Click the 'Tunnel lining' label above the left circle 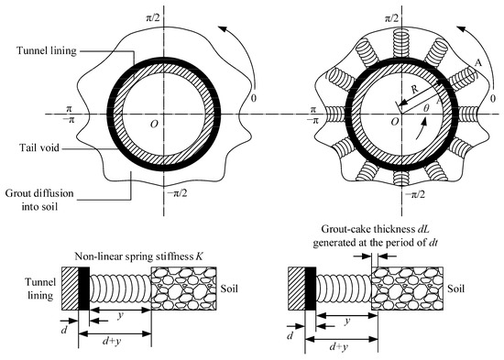(x=47, y=50)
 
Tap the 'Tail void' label (x=39, y=147)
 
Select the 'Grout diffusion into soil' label (x=39, y=200)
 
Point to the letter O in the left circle (x=154, y=124)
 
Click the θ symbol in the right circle (x=426, y=108)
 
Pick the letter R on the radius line (x=414, y=89)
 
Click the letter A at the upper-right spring (x=478, y=63)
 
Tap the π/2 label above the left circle (x=153, y=17)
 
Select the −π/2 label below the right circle (x=414, y=194)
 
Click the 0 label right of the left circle (x=254, y=98)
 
